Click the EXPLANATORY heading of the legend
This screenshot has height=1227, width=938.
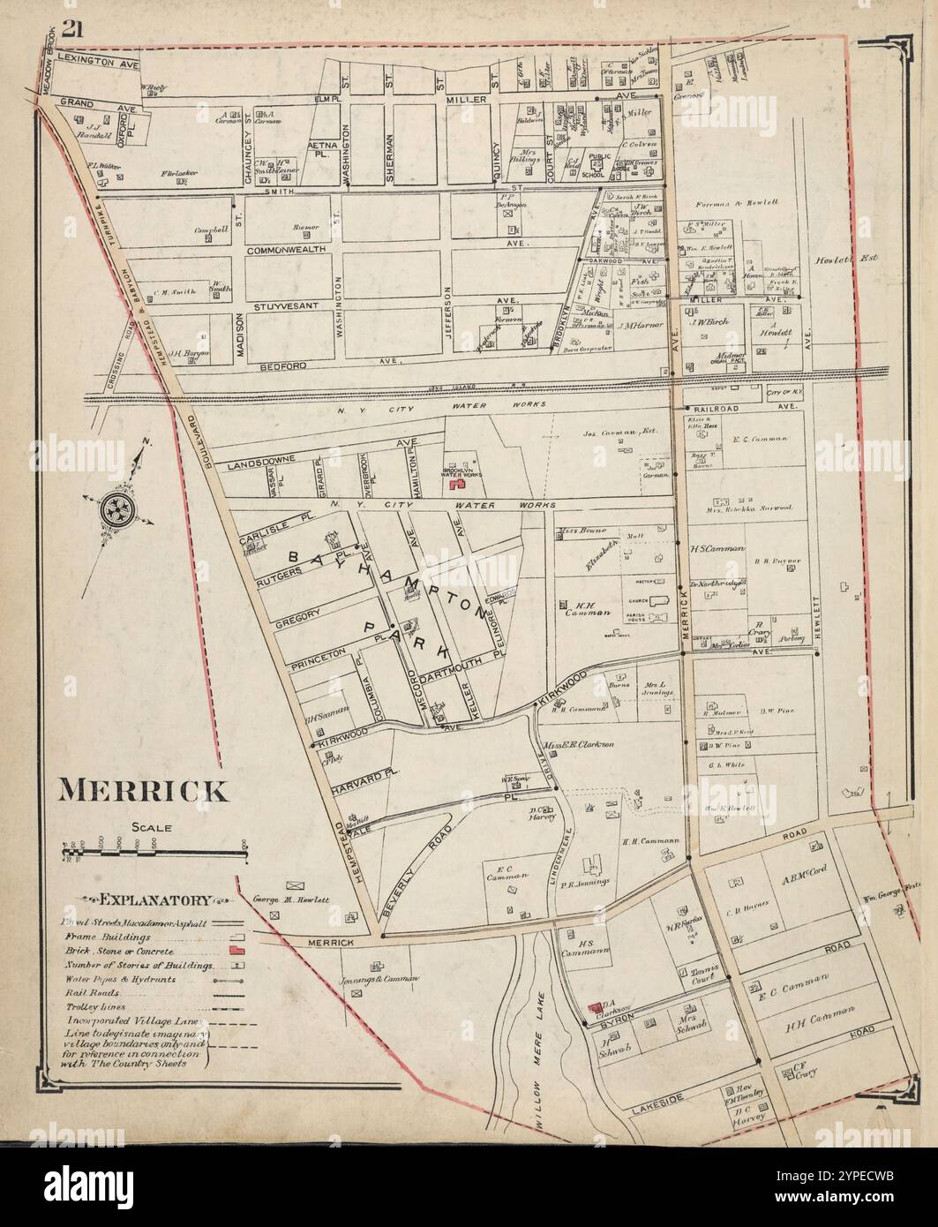[x=155, y=900]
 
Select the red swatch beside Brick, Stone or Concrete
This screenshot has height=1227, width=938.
[x=236, y=951]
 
